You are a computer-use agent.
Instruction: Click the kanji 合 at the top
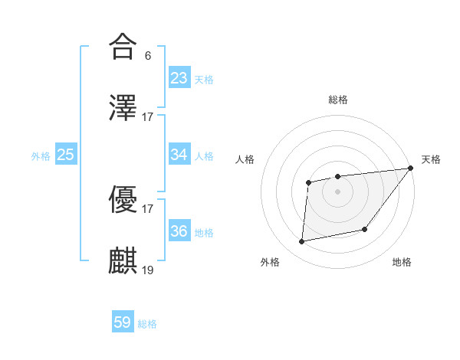[x=123, y=47]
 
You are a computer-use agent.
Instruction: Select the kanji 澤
[x=123, y=107]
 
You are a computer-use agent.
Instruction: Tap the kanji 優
[x=123, y=200]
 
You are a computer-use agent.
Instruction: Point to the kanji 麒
[x=123, y=261]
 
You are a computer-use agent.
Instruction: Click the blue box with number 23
[x=179, y=78]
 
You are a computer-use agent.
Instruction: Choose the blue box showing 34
[x=179, y=155]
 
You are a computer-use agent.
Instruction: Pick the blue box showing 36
[x=179, y=231]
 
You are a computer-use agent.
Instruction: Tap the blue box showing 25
[x=66, y=155]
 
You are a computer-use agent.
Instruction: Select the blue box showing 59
[x=123, y=322]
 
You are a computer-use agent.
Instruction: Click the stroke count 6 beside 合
[x=147, y=56]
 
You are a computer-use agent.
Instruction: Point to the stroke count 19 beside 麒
[x=148, y=270]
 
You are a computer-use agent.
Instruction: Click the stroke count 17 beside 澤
[x=148, y=117]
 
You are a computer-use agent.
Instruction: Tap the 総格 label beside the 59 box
[x=147, y=324]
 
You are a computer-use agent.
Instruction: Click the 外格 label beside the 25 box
[x=41, y=156]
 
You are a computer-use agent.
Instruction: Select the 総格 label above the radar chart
[x=337, y=100]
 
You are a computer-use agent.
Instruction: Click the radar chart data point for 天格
[x=411, y=168]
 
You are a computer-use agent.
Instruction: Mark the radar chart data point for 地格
[x=366, y=229]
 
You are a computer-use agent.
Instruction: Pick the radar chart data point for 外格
[x=302, y=242]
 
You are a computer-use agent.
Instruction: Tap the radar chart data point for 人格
[x=308, y=182]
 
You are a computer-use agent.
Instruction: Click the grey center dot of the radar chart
[x=337, y=191]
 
